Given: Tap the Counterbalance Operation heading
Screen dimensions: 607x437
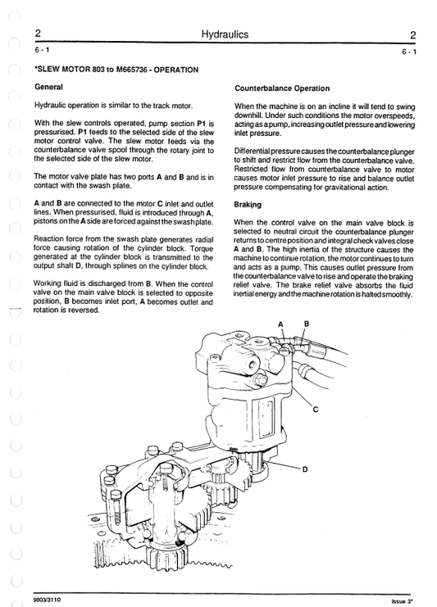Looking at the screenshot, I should pos(282,88).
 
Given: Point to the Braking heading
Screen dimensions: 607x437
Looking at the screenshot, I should pos(247,206).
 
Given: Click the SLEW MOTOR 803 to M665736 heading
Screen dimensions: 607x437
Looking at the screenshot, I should pos(115,70).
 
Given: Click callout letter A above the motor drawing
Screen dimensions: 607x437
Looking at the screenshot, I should pos(280,324).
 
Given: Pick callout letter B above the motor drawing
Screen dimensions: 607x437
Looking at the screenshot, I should pos(306,324).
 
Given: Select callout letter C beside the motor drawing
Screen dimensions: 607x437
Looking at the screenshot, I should pos(316,409).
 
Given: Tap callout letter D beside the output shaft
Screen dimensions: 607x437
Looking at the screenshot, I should pos(305,469).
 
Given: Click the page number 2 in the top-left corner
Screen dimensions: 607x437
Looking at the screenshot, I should pos(38,34).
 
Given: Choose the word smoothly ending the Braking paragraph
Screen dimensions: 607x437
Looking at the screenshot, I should pos(395,294).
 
